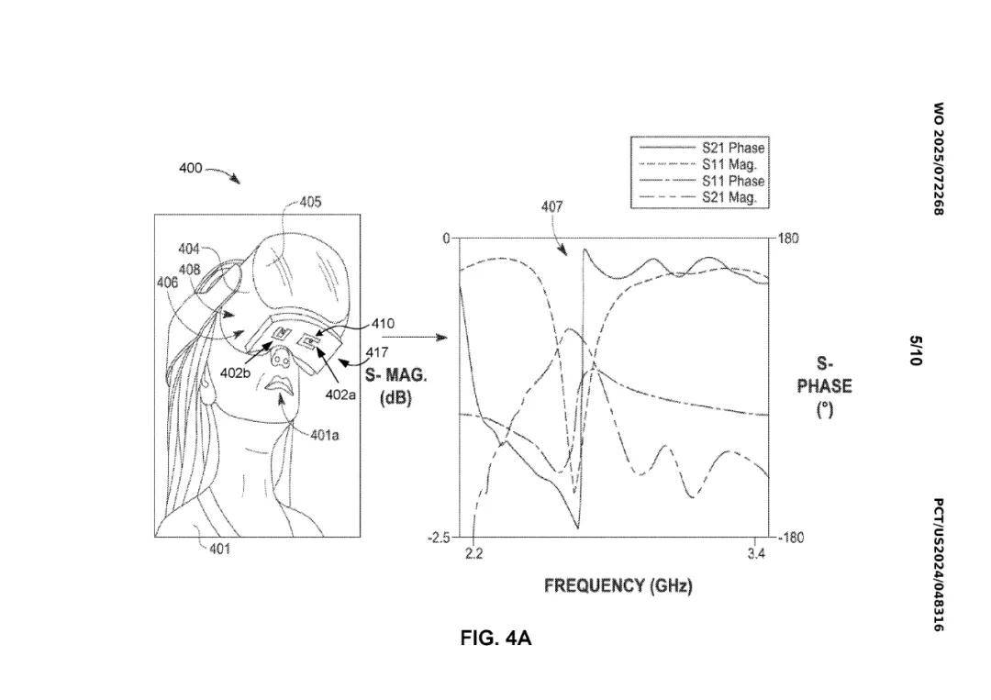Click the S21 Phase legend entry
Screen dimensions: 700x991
point(732,148)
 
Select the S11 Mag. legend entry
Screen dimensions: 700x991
point(729,164)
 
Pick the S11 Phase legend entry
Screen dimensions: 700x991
point(732,181)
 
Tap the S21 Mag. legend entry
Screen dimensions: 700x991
point(729,197)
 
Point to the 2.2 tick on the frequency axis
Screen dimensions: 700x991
point(473,554)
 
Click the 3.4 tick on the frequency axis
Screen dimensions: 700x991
point(755,554)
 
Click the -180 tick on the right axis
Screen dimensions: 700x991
point(790,538)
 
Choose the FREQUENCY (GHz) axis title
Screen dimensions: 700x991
point(618,585)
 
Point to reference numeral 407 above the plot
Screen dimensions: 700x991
point(551,207)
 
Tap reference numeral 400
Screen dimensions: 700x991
point(190,169)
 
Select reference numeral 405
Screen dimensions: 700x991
point(310,202)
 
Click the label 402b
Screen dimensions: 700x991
point(235,373)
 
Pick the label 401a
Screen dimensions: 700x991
point(324,435)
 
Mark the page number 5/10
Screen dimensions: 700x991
point(915,350)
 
